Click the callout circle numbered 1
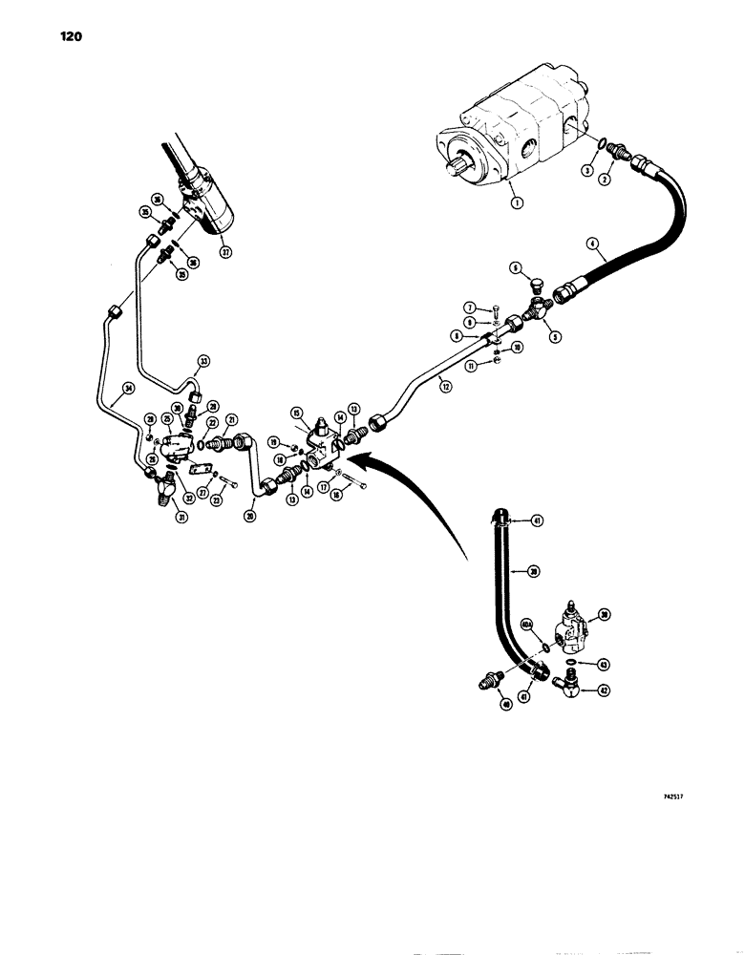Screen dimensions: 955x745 (517, 202)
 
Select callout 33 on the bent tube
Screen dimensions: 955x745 (202, 361)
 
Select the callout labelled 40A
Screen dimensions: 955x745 (526, 625)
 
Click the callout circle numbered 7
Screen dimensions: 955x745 (471, 307)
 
